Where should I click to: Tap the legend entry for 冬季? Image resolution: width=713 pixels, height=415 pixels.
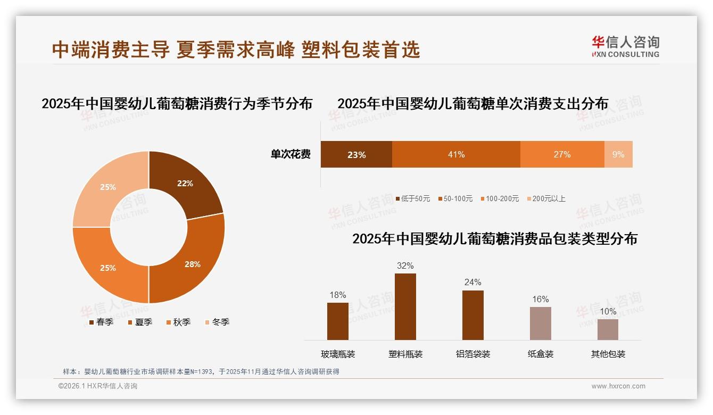click(x=217, y=322)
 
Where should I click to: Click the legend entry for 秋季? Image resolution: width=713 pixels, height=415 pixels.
click(x=178, y=322)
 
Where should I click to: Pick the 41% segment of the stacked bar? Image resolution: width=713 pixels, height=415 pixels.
click(x=456, y=154)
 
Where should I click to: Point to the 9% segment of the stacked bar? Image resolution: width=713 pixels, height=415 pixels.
click(x=618, y=154)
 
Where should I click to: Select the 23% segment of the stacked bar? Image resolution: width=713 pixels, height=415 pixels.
click(x=356, y=154)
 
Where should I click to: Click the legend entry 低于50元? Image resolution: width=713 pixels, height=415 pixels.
click(x=413, y=198)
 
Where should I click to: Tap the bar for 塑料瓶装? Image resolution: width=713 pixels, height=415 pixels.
click(x=405, y=306)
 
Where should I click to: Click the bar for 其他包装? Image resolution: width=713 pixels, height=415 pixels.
click(x=608, y=329)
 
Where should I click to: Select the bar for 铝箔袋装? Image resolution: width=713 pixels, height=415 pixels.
click(x=473, y=315)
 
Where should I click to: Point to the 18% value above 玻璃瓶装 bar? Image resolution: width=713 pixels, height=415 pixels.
click(x=338, y=295)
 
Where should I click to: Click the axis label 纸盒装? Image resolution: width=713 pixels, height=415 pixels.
click(x=541, y=354)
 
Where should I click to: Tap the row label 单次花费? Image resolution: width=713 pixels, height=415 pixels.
click(x=291, y=154)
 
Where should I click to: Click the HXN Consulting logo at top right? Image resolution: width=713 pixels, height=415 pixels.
click(x=625, y=47)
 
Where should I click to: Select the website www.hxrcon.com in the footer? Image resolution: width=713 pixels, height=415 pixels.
click(x=618, y=386)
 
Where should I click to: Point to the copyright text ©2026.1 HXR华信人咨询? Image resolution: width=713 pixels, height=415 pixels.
click(x=98, y=386)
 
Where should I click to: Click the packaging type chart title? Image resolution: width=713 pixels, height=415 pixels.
click(x=495, y=238)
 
